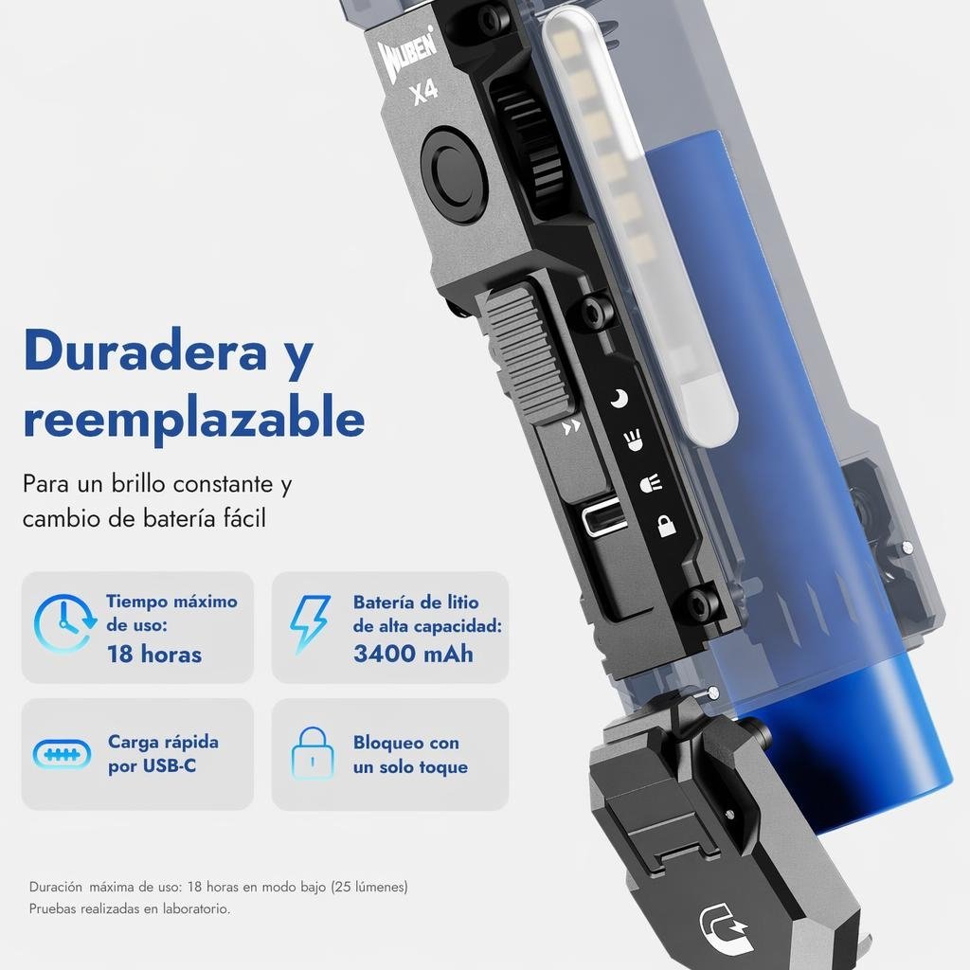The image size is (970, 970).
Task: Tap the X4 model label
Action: click(x=425, y=92)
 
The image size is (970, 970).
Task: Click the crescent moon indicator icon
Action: click(x=620, y=399)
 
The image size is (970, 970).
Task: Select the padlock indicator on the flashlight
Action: click(x=665, y=525)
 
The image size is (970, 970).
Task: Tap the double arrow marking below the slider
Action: click(x=571, y=427)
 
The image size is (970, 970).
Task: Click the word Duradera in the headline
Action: click(x=145, y=350)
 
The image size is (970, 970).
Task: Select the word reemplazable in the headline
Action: click(x=193, y=419)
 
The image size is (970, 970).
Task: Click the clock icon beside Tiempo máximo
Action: click(x=64, y=623)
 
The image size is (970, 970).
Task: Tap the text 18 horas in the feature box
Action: click(x=154, y=654)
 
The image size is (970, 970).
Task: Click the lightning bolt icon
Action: click(x=310, y=623)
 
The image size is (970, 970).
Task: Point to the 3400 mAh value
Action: click(x=413, y=654)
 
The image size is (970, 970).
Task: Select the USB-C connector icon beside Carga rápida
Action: click(x=62, y=754)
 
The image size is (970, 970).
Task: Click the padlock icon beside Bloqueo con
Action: click(x=313, y=753)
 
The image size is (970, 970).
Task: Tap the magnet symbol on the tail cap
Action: click(x=725, y=926)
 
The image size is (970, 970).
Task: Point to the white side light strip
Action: click(x=640, y=229)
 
